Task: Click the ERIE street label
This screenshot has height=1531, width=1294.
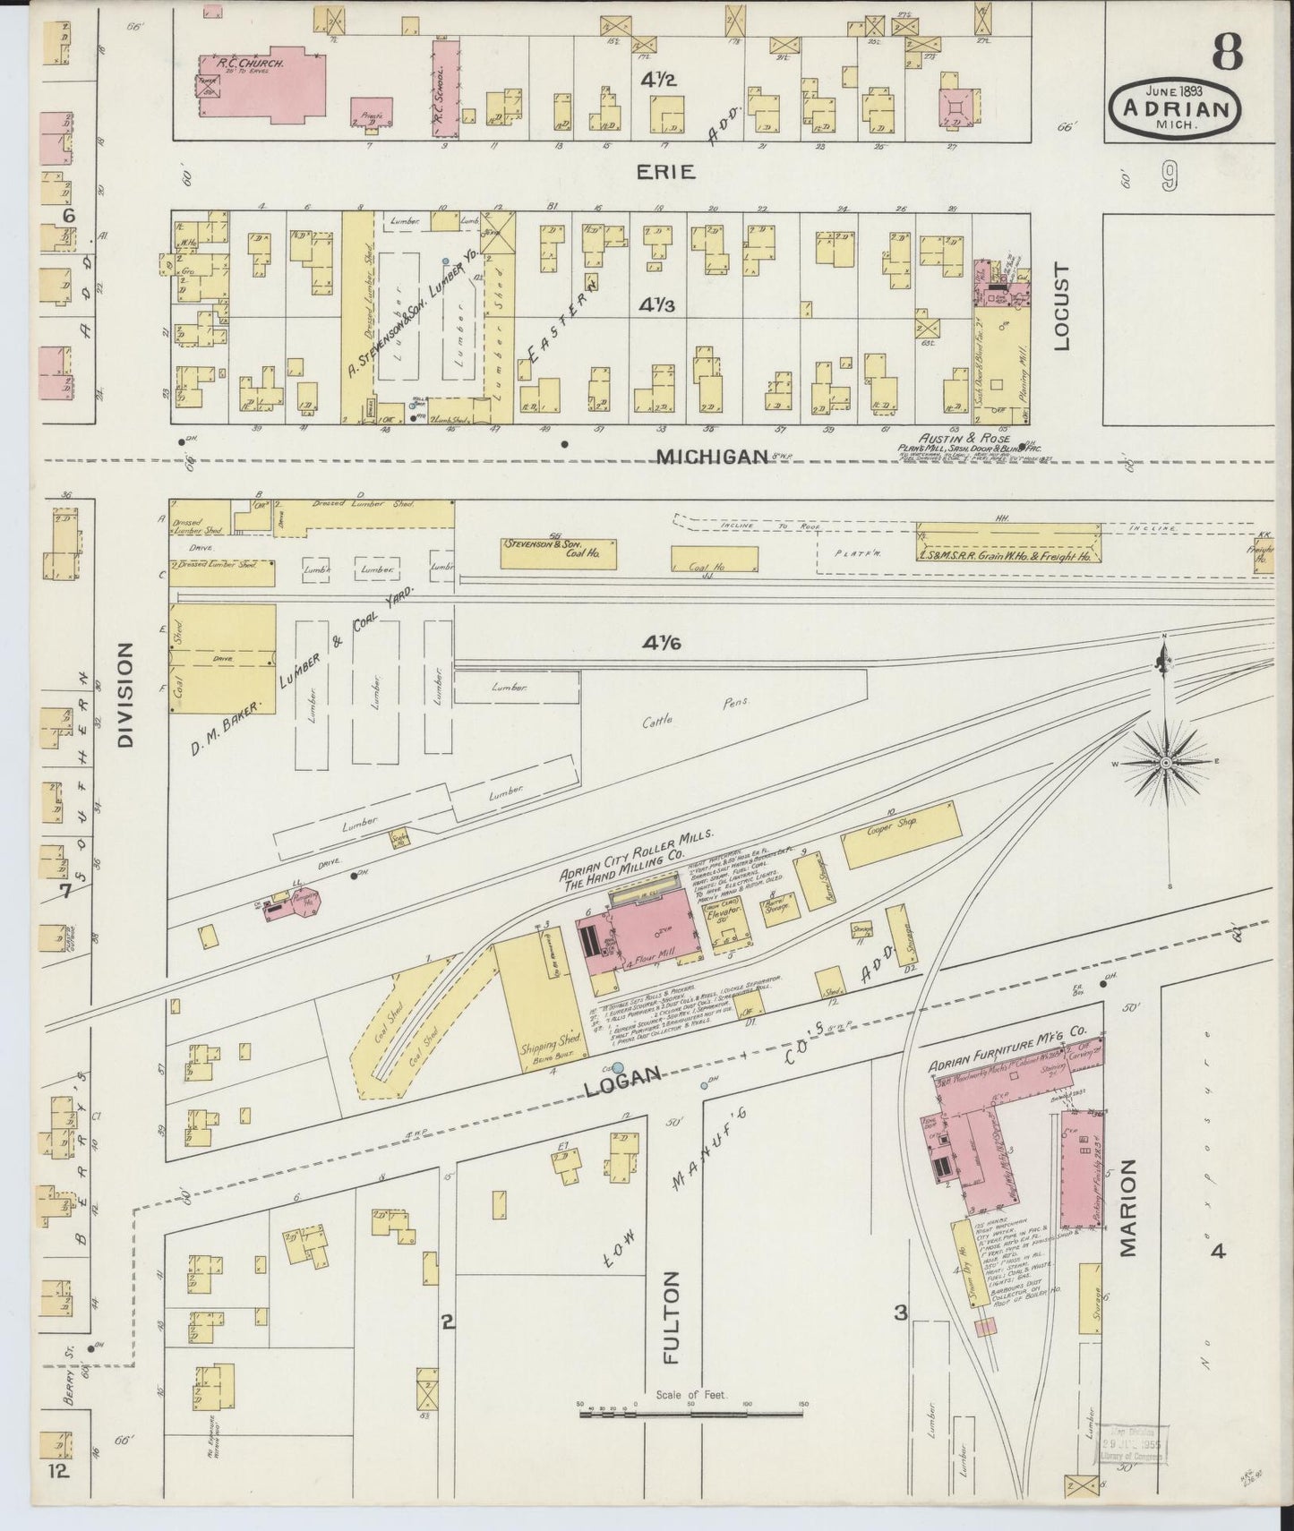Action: (x=665, y=172)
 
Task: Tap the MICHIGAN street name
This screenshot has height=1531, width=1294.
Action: (x=713, y=457)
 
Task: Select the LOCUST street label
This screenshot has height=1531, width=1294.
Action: (x=1063, y=306)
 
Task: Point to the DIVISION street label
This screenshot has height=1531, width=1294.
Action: (x=124, y=694)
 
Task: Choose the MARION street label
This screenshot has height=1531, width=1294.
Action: (x=1127, y=1209)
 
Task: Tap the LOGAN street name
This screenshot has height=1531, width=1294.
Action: (x=622, y=1077)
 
